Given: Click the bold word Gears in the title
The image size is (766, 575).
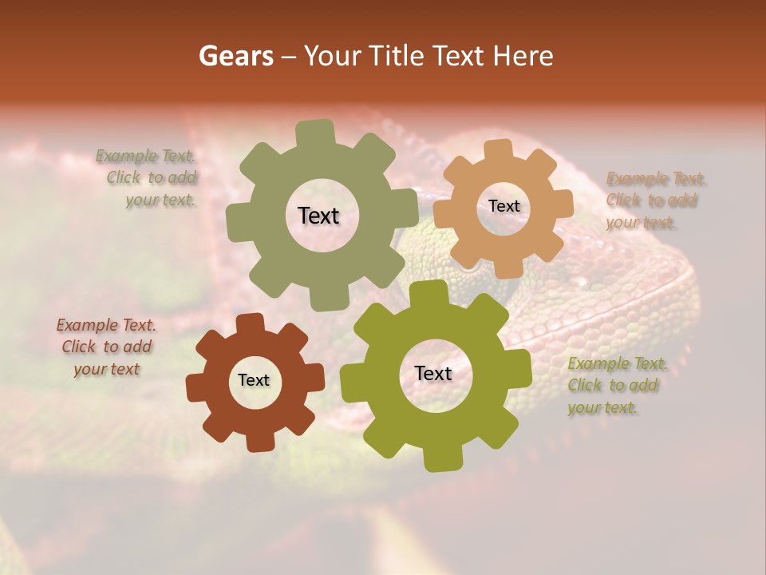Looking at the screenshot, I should [235, 56].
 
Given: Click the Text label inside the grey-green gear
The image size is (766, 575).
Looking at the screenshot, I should [318, 216].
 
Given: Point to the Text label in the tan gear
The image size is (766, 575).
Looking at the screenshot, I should [503, 206].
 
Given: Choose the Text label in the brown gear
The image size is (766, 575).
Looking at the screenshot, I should [254, 380].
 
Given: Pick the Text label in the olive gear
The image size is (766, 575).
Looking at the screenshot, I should [433, 373].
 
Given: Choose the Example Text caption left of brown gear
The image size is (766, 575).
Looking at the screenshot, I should [106, 347].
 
